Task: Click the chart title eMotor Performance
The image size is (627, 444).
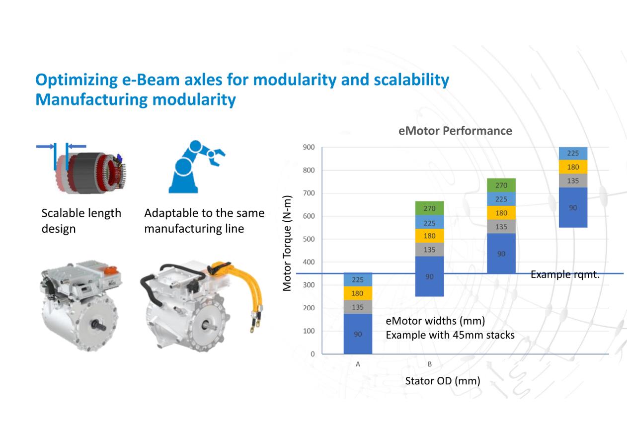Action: pyautogui.click(x=455, y=131)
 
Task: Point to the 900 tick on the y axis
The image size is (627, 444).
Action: pyautogui.click(x=309, y=147)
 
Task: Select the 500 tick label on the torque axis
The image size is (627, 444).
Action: pyautogui.click(x=309, y=239)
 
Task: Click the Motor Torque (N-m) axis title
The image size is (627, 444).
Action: pyautogui.click(x=287, y=243)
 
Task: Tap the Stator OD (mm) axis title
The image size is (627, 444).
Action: pyautogui.click(x=443, y=381)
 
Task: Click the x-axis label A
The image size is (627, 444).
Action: pyautogui.click(x=358, y=364)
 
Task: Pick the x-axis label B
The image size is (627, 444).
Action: pyautogui.click(x=430, y=364)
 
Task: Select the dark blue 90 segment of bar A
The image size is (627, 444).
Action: pyautogui.click(x=358, y=334)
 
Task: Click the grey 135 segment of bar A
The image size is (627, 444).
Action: pyautogui.click(x=358, y=307)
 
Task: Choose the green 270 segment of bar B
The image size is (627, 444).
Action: pyautogui.click(x=429, y=208)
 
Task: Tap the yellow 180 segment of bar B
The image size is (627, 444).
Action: pyautogui.click(x=429, y=236)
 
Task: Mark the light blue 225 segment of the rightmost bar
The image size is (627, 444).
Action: pyautogui.click(x=573, y=153)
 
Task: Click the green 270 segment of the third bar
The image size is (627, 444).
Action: pyautogui.click(x=501, y=185)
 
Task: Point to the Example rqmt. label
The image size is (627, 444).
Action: pyautogui.click(x=565, y=274)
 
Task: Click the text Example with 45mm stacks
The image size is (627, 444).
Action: pyautogui.click(x=450, y=335)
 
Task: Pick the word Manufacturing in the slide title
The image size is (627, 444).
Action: pyautogui.click(x=92, y=100)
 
